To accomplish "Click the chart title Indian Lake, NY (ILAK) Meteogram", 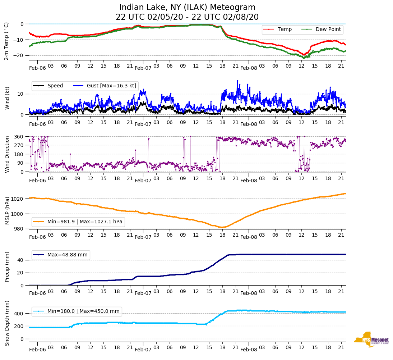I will pos(187,8).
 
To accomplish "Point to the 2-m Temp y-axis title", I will pos(6,41).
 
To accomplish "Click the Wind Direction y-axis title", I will pos(7,154).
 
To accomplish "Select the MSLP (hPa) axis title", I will pos(7,210).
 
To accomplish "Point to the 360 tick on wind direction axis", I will pos(19,137).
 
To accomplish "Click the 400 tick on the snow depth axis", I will pos(19,314).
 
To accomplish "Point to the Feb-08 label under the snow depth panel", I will pos(249,350).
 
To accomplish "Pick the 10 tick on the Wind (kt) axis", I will pos(21,94).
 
